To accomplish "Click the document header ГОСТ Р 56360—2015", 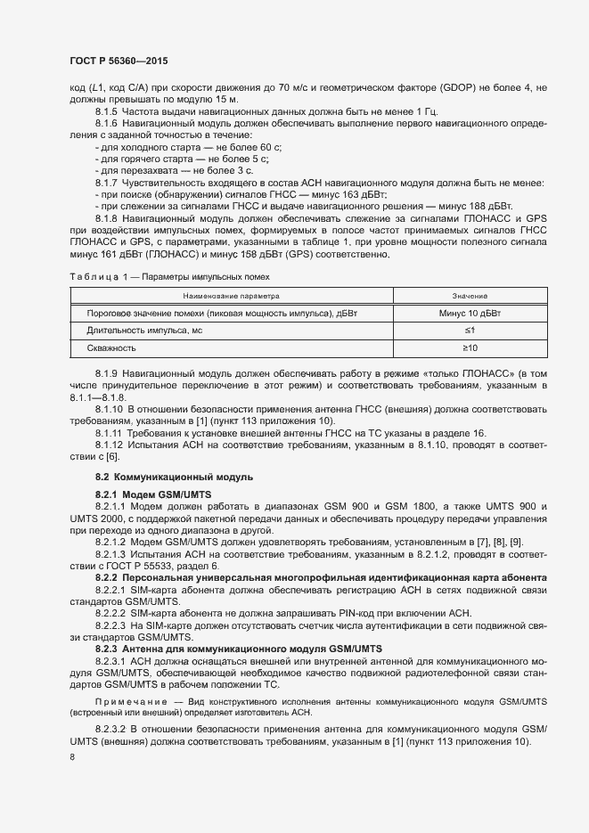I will (118, 61).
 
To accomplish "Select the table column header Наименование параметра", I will (231, 294).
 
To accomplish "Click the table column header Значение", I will (470, 294).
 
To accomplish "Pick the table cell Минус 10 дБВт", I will (470, 314).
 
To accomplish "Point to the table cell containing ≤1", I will (470, 331).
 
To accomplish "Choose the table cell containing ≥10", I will (470, 347).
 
